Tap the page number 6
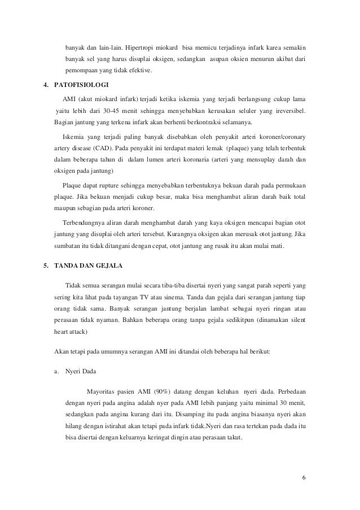pos(304,479)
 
